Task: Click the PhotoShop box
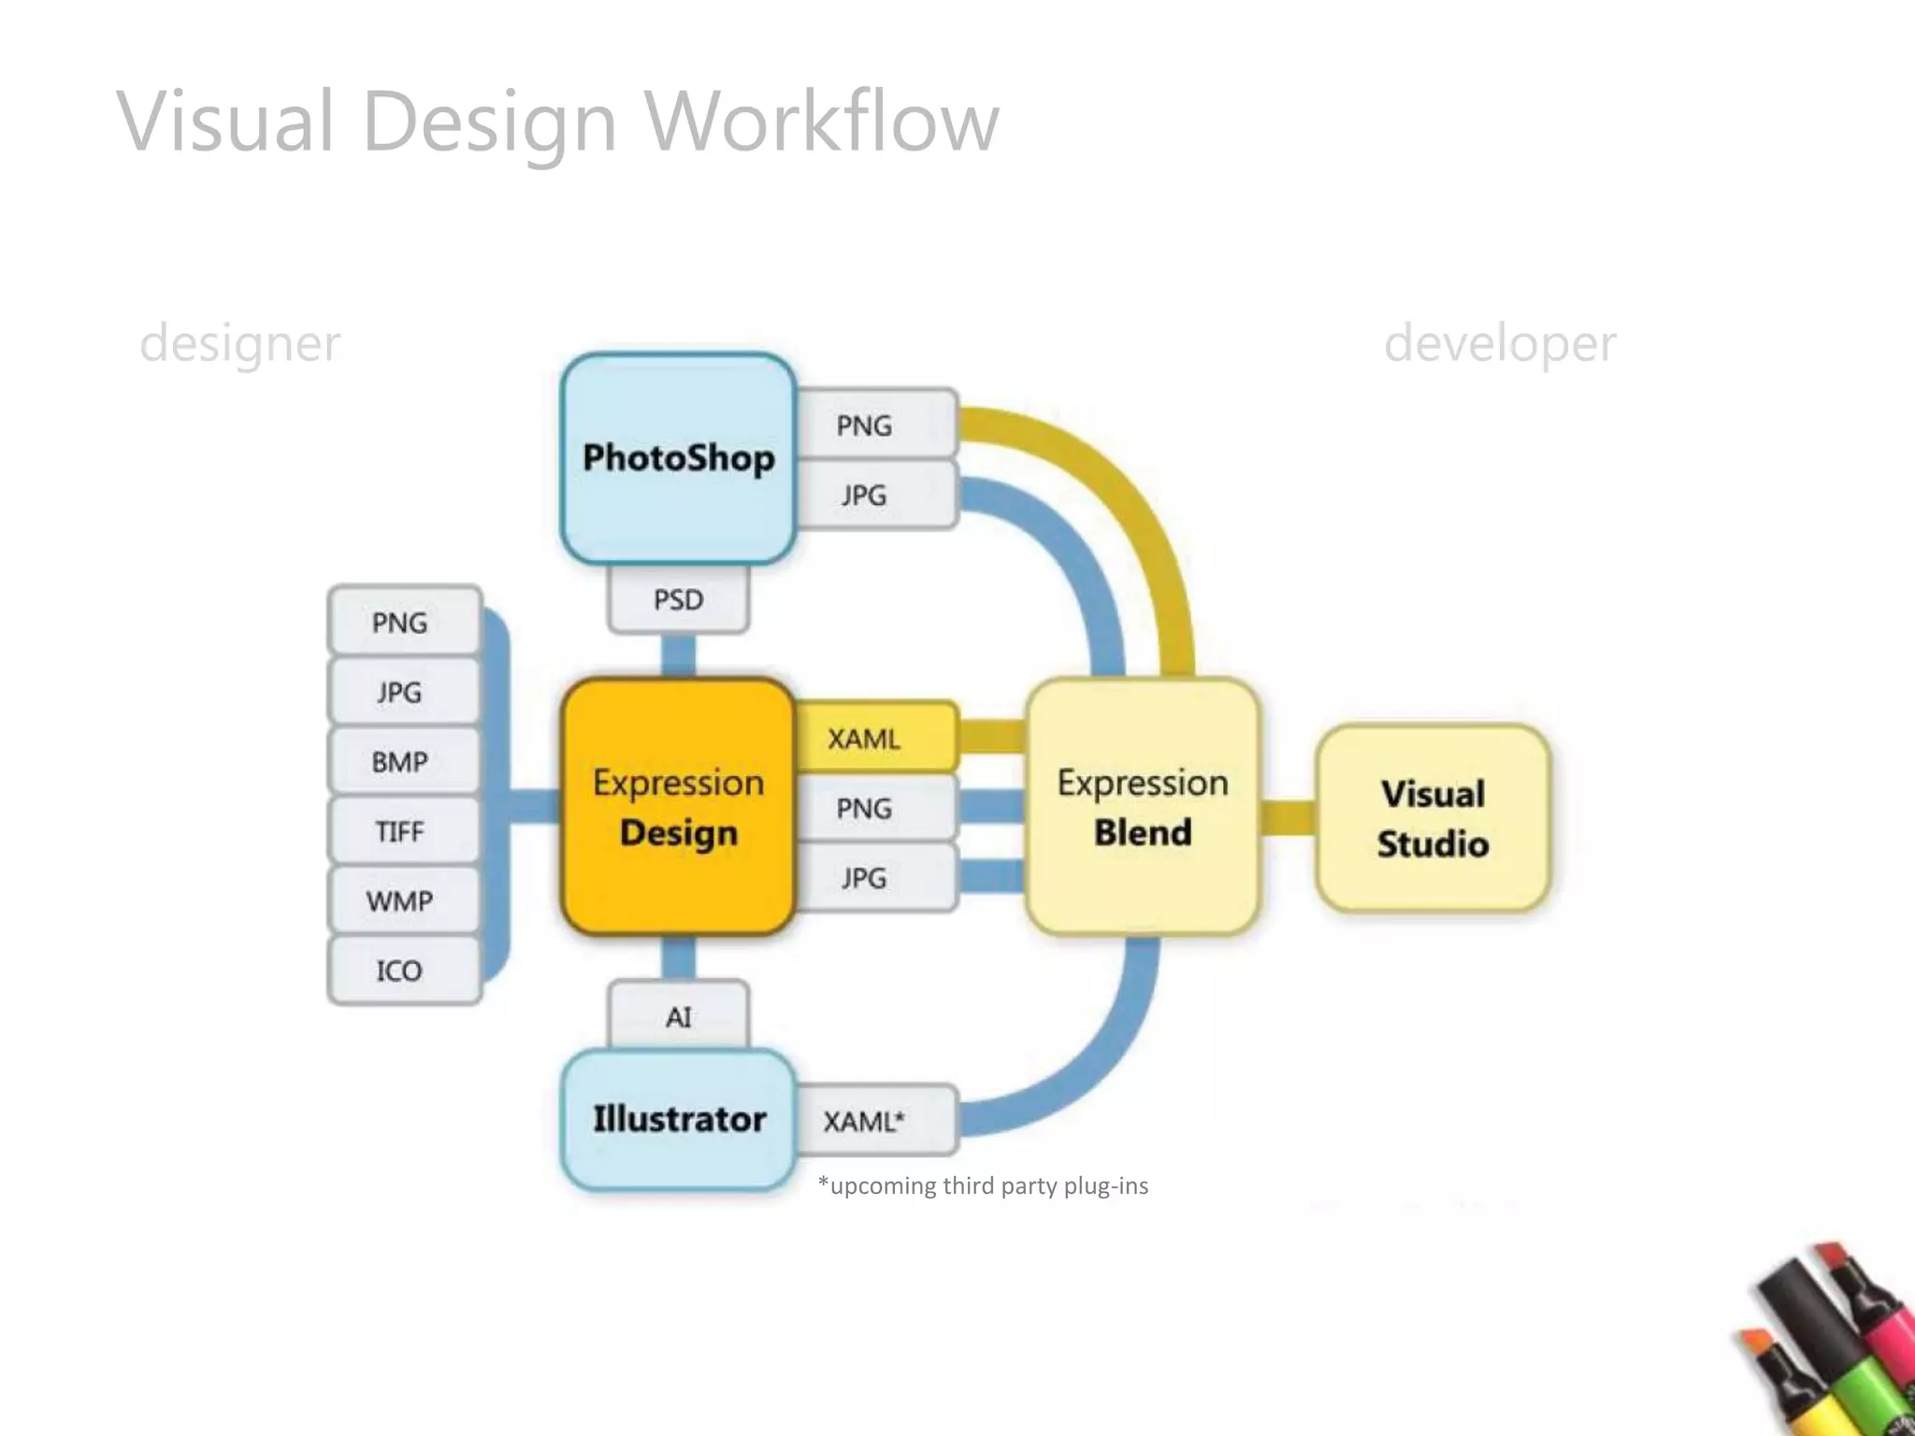coord(678,458)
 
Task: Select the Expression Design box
coord(678,807)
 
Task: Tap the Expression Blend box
coord(1142,807)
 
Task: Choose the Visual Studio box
coord(1433,818)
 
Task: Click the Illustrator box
coord(678,1119)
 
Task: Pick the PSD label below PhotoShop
coord(678,599)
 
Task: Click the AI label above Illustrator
coord(678,1016)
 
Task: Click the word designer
coord(240,343)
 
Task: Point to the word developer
coord(1499,343)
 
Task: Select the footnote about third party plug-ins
coord(983,1185)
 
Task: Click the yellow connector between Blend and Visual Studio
coord(1288,817)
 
